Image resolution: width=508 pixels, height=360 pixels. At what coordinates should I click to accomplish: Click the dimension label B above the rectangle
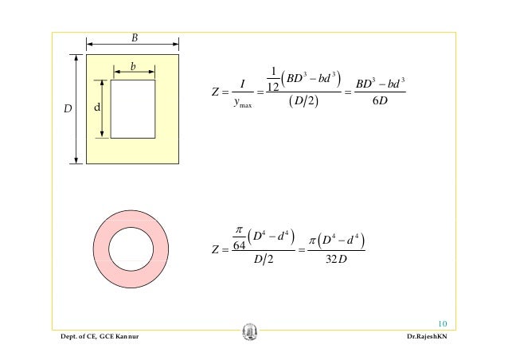(x=135, y=38)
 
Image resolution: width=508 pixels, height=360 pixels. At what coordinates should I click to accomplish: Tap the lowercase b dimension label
(x=133, y=66)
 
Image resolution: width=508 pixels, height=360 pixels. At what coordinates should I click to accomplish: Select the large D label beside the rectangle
(x=68, y=108)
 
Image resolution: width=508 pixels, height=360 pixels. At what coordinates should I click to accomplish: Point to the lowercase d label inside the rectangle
(x=97, y=107)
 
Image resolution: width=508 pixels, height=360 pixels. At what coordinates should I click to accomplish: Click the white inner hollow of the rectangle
(x=133, y=109)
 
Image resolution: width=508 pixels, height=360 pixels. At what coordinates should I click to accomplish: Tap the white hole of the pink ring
(x=131, y=248)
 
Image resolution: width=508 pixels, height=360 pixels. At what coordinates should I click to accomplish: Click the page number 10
(x=443, y=323)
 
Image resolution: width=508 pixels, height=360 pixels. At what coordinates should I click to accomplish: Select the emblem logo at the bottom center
(x=250, y=331)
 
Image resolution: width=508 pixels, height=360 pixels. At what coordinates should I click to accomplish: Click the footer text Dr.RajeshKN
(x=427, y=336)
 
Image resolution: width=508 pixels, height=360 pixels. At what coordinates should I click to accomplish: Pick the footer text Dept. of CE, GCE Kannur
(x=100, y=336)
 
